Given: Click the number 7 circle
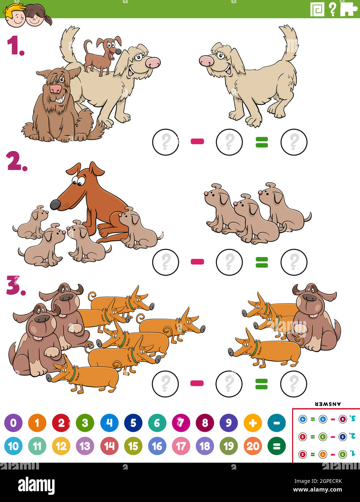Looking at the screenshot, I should point(181,423).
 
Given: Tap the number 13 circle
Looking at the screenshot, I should point(85,446).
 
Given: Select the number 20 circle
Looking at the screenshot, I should point(253,446).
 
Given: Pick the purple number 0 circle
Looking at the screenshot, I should point(13,423).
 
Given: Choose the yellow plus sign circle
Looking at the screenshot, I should point(253,423).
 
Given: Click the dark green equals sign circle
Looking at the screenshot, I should point(277,446).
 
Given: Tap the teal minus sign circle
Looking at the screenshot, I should point(277,423).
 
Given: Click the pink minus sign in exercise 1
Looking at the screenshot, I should point(197,142).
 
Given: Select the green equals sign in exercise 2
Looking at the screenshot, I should point(262,262).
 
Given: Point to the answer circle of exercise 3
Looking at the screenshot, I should point(293,384).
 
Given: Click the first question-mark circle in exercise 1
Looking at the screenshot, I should point(166,142).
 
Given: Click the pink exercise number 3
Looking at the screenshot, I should point(16,286).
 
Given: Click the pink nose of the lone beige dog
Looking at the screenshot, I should point(207,61).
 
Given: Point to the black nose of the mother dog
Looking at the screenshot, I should point(55,205).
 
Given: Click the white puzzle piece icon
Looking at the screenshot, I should point(348,9).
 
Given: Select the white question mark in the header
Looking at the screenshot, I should point(333,9).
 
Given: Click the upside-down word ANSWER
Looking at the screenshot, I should point(328,404).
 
